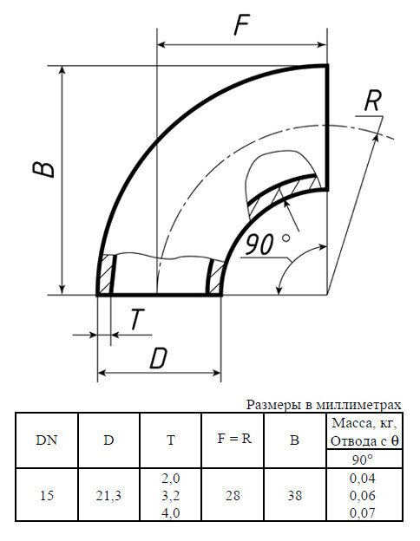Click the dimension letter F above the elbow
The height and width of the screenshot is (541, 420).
click(x=242, y=25)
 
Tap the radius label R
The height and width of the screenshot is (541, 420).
click(x=372, y=101)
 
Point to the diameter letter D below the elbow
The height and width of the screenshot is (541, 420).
click(x=157, y=358)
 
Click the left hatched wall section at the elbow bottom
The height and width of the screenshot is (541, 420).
click(x=107, y=275)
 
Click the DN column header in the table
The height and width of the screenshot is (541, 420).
click(x=47, y=440)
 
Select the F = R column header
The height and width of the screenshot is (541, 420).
click(x=233, y=439)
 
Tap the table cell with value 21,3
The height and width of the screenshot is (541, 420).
click(x=108, y=496)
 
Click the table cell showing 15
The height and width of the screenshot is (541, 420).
click(x=47, y=496)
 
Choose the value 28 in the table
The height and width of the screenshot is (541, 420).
click(x=233, y=496)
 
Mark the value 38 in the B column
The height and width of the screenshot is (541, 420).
click(x=295, y=496)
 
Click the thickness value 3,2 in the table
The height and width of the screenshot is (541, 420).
click(x=171, y=496)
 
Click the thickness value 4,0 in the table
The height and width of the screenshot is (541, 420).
click(x=171, y=513)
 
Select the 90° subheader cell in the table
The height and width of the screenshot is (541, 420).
click(x=362, y=459)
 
